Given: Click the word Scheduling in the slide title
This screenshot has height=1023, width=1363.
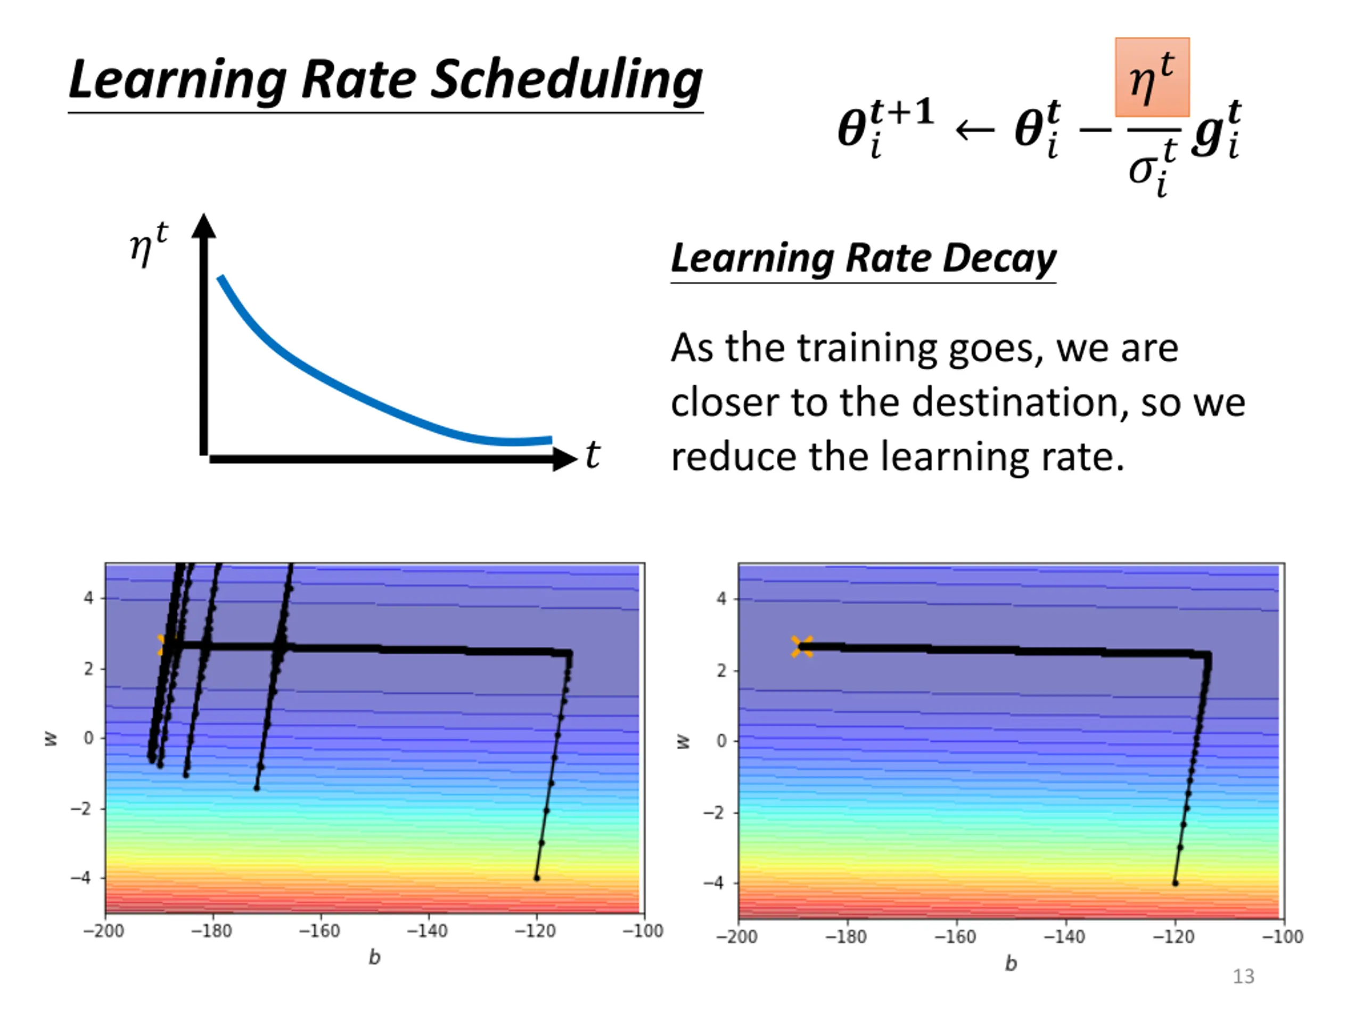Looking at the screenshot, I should pyautogui.click(x=565, y=80).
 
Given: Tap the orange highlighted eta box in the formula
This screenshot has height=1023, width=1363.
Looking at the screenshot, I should pyautogui.click(x=1151, y=78).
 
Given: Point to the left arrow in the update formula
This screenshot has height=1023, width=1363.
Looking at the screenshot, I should pyautogui.click(x=974, y=130).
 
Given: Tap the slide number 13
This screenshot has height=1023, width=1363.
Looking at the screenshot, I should pyautogui.click(x=1243, y=976).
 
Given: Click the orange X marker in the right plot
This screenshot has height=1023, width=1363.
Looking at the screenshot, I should pyautogui.click(x=802, y=646).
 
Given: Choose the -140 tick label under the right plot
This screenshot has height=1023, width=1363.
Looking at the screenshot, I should pyautogui.click(x=1064, y=937).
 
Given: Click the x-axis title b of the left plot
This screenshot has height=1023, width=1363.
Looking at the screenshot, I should pyautogui.click(x=374, y=957).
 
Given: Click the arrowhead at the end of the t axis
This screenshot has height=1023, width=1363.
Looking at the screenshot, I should pyautogui.click(x=564, y=459).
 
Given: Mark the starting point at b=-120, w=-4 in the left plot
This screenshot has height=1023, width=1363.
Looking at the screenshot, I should pyautogui.click(x=536, y=878).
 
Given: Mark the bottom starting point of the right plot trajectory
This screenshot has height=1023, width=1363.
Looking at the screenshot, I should pyautogui.click(x=1175, y=883).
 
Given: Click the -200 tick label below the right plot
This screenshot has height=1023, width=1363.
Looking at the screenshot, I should pyautogui.click(x=736, y=937).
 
